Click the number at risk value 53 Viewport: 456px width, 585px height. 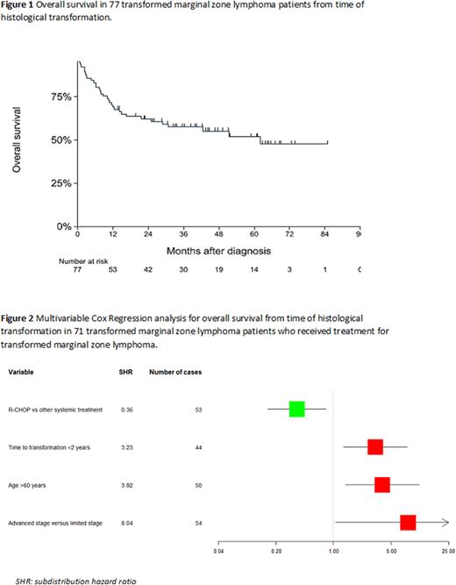tap(113, 271)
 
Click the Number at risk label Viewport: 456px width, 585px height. tap(82, 260)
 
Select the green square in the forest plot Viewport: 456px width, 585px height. tap(296, 409)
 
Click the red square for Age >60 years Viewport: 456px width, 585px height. tap(381, 484)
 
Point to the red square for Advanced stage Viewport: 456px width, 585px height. tap(408, 523)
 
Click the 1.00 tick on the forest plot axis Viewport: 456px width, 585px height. tap(333, 552)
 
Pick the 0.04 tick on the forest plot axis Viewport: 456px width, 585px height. tap(219, 552)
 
